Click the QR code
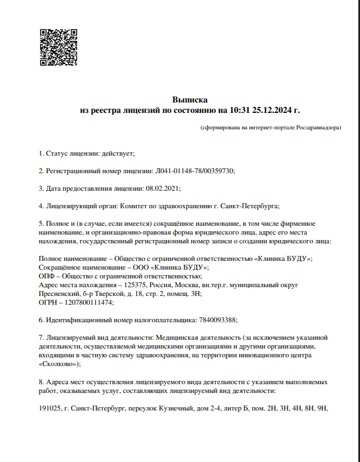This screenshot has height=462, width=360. coord(58,47)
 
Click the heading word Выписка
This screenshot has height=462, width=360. coord(190,100)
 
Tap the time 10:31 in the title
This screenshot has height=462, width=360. coord(239,110)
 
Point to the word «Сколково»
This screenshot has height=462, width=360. coord(59,363)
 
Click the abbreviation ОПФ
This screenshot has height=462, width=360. coord(48,276)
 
